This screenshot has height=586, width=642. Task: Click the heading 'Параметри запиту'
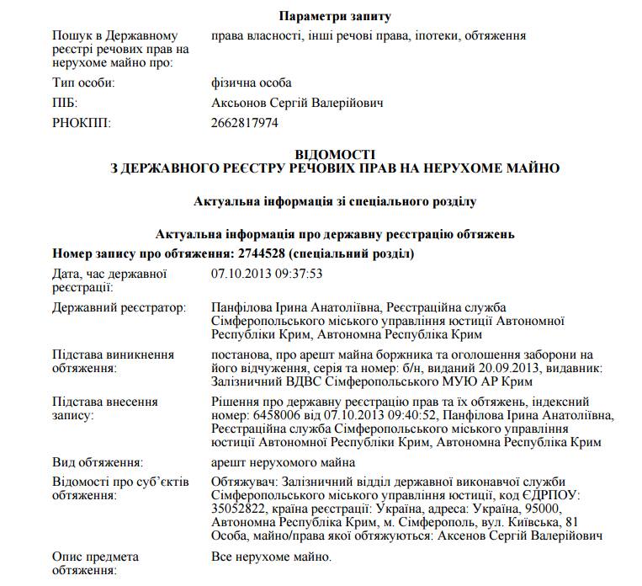click(x=336, y=16)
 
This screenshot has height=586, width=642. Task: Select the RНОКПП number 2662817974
click(x=245, y=123)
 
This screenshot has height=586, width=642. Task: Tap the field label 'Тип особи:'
click(x=83, y=83)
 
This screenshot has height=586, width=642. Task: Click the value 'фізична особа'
click(x=252, y=83)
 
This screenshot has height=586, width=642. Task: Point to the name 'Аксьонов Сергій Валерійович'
click(x=297, y=103)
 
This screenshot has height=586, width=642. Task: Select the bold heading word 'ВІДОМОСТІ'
click(x=335, y=154)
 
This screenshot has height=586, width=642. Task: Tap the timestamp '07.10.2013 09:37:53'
click(x=267, y=274)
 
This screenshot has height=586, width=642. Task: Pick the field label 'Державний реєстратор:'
click(x=119, y=308)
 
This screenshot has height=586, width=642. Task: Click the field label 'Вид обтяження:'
click(x=97, y=462)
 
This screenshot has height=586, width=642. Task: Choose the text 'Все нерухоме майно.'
click(x=271, y=557)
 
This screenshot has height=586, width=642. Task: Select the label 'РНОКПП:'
click(x=82, y=123)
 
